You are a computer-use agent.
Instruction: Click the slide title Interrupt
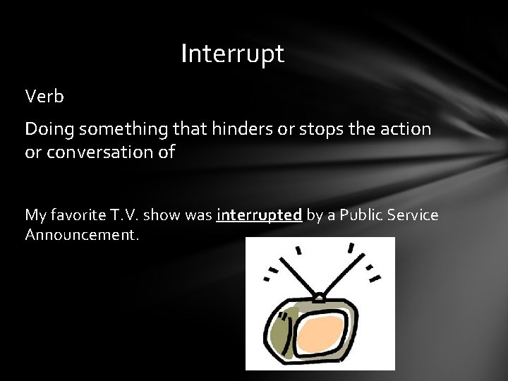pos(232,54)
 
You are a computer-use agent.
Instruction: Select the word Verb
pos(44,96)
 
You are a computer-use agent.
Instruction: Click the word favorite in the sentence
pos(81,214)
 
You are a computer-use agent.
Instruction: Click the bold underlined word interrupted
pos(260,214)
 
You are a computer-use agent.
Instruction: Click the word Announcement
pos(83,234)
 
